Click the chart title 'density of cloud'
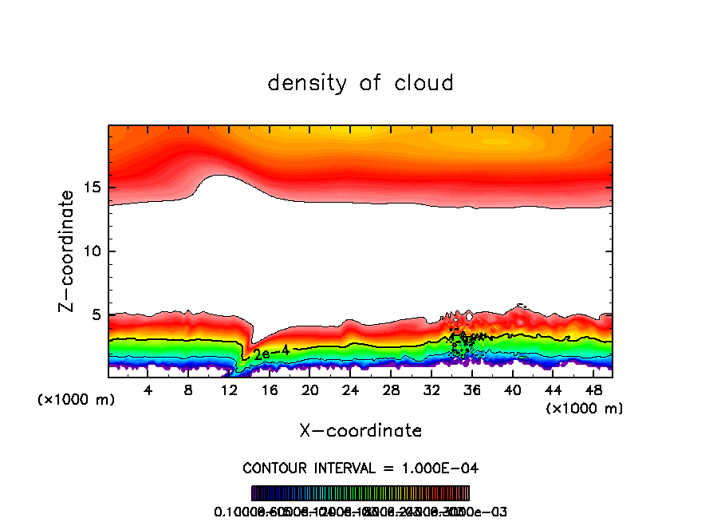tap(360, 83)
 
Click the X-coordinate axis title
tap(360, 431)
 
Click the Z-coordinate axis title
tap(68, 251)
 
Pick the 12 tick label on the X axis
tap(229, 390)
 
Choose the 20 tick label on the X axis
tap(309, 390)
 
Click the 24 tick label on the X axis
tap(350, 390)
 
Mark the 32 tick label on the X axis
tap(431, 390)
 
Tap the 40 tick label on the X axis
tap(512, 390)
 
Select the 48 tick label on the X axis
tap(593, 390)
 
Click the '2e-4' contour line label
tap(266, 352)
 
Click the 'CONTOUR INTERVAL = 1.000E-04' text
tap(360, 468)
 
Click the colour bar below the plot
tap(360, 493)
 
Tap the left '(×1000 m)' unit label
tap(77, 400)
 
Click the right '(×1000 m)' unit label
tap(585, 409)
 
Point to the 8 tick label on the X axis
tap(188, 390)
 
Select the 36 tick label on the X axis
tap(471, 390)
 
